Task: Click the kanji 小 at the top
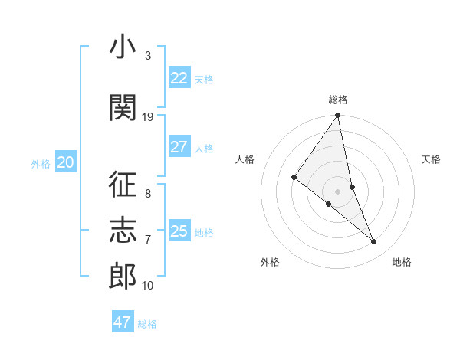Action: coord(123,48)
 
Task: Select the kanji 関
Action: coord(123,107)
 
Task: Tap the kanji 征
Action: coord(123,185)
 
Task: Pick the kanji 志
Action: coord(123,229)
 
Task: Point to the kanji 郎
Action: coord(123,276)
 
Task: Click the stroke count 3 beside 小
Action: coord(147,57)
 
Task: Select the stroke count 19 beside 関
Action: coord(148,116)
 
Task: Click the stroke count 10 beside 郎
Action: coord(148,286)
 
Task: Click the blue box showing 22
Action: coord(179,78)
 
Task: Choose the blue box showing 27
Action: coord(179,147)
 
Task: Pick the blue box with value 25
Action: coord(179,231)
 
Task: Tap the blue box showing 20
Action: coord(66,162)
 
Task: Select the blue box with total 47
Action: coord(123,322)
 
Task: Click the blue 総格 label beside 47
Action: coord(147,324)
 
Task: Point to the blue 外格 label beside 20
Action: coord(41,164)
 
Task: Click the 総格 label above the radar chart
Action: coord(338,100)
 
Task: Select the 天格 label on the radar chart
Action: coord(432,159)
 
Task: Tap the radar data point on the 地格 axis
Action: coord(374,242)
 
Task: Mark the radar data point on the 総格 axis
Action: coord(338,116)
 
